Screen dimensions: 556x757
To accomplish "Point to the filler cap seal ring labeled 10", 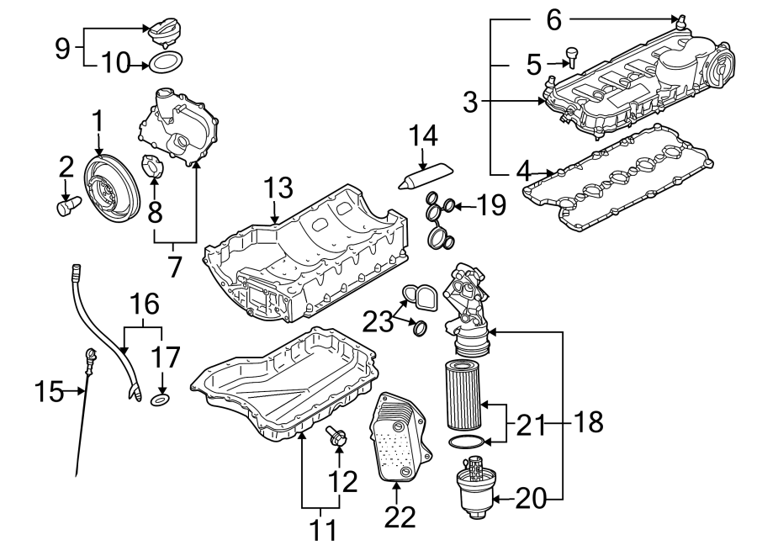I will (166, 61).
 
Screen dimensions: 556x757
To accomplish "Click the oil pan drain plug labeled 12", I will (336, 436).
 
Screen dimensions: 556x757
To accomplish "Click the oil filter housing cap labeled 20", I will (473, 490).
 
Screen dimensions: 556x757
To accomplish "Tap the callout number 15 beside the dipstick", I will (50, 390).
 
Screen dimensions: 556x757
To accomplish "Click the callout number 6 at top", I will (553, 19).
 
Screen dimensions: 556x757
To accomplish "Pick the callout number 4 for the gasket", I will (523, 171).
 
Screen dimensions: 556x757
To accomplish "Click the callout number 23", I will (378, 321).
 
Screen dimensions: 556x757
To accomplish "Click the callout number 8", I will (155, 212).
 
